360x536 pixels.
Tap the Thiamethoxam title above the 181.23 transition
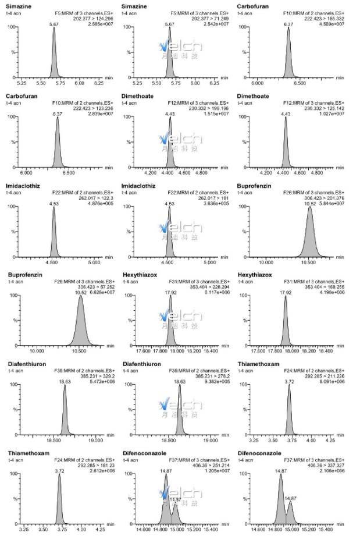(x=26, y=453)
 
